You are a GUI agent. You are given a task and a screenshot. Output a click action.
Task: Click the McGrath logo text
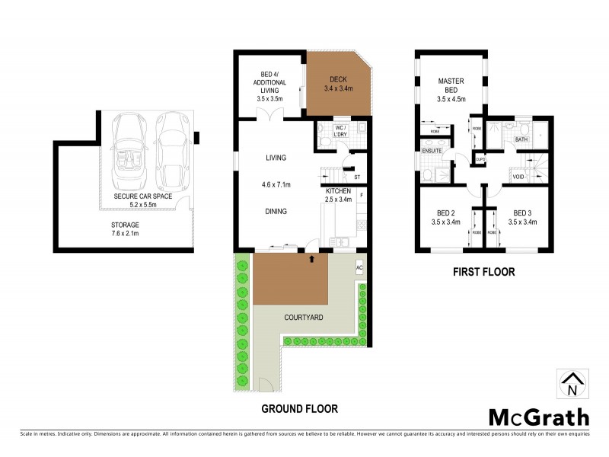(538, 417)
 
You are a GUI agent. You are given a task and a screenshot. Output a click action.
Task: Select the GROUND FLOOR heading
(299, 409)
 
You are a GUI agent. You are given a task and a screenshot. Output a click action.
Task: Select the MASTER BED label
(451, 86)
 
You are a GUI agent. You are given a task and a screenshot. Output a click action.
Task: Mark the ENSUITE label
(432, 151)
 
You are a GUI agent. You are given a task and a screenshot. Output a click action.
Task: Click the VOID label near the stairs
(519, 177)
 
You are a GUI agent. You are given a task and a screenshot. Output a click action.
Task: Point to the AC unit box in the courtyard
(360, 268)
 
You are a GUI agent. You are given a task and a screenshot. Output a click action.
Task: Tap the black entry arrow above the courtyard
(311, 259)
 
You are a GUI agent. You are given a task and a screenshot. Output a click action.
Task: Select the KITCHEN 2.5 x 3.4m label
(338, 194)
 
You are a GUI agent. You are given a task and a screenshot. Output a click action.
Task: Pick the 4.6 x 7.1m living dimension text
(275, 184)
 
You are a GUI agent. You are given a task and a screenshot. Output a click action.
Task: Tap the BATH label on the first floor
(521, 140)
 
